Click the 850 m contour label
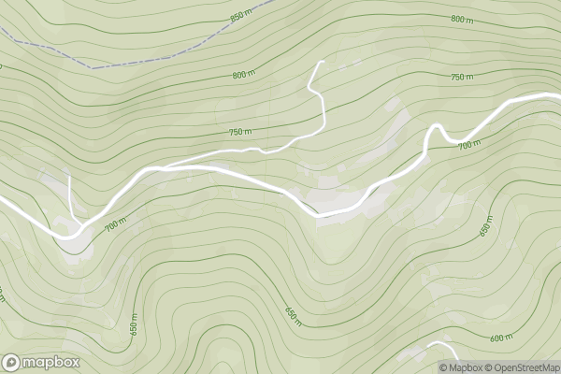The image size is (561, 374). coord(241,17)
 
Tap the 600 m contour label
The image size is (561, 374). coord(501,338)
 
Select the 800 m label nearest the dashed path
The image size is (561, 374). coord(244,74)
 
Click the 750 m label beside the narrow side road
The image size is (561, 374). coord(240,132)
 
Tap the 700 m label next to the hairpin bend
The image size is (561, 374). coord(469,144)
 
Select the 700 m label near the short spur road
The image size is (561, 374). coord(115,225)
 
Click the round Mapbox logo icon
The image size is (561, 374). coord(12,362)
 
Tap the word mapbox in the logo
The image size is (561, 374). coord(51,362)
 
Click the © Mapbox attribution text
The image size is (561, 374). coord(465,367)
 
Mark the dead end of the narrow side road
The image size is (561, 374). coord(322,62)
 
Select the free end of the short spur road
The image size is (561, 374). coord(70,175)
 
